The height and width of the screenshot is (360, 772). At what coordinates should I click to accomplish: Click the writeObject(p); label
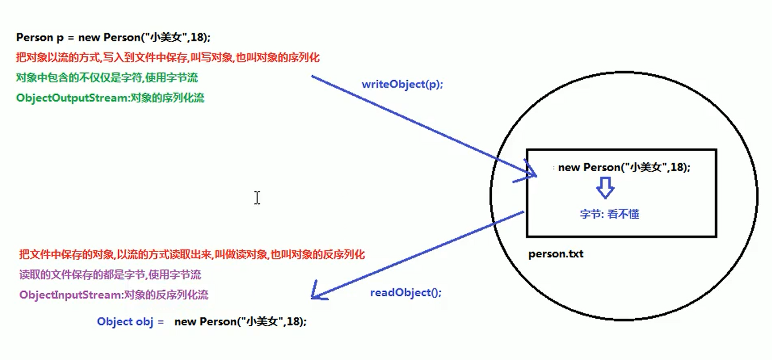[x=402, y=84]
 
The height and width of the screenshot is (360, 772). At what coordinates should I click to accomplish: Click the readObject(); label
[x=406, y=292]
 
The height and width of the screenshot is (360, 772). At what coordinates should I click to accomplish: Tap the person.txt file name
[x=556, y=253]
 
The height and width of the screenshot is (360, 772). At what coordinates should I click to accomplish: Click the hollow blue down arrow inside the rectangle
[x=605, y=187]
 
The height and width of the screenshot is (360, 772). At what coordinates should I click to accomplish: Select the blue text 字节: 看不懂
[x=609, y=214]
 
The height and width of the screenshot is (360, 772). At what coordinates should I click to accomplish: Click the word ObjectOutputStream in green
[x=72, y=98]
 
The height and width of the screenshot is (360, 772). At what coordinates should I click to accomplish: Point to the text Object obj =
[x=130, y=322]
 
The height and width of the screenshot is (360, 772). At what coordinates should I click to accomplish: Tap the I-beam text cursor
[x=257, y=198]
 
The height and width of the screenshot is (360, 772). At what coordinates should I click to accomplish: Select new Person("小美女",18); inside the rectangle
[x=624, y=168]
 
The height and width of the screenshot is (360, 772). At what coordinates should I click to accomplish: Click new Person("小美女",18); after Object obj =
[x=240, y=322]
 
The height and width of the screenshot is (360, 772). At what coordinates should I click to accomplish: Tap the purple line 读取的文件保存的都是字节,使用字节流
[x=110, y=275]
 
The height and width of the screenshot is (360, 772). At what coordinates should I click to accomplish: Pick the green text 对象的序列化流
[x=167, y=98]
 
